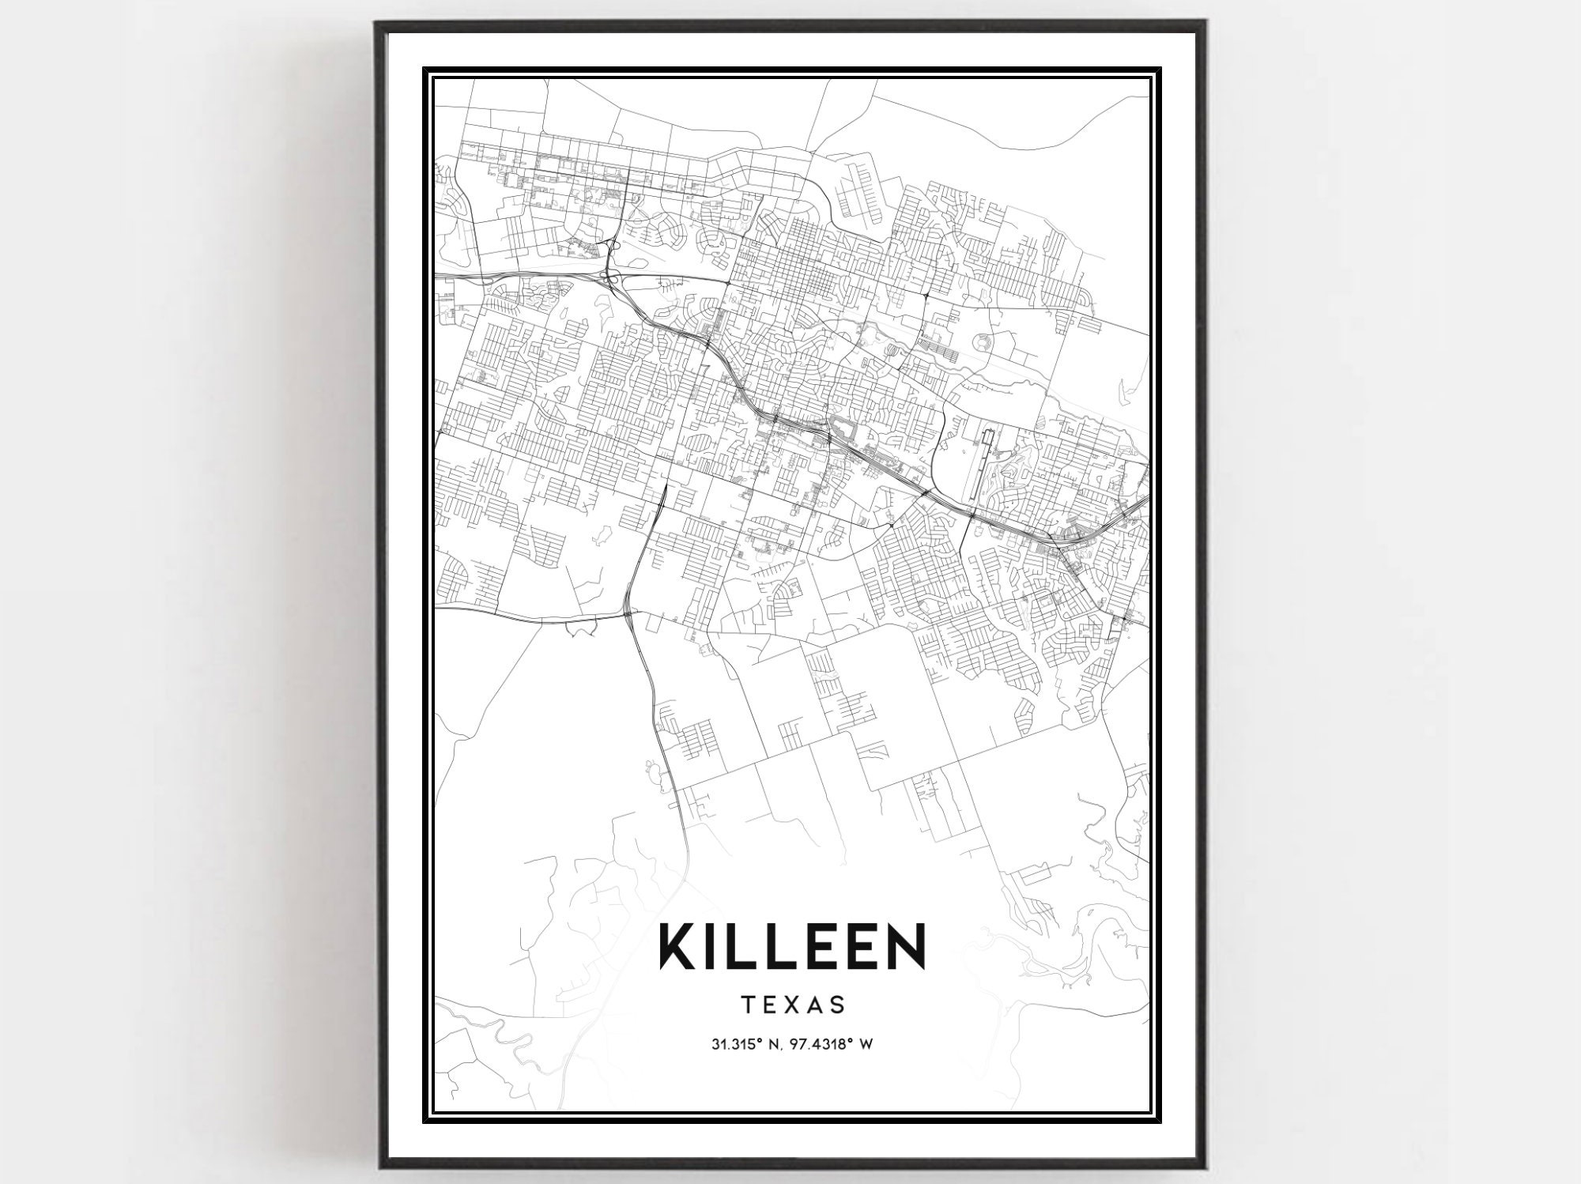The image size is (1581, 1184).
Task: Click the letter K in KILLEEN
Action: (681, 947)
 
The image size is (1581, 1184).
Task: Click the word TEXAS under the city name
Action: (793, 1005)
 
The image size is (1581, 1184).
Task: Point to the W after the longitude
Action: (866, 1044)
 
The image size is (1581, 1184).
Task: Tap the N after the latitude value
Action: (773, 1044)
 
